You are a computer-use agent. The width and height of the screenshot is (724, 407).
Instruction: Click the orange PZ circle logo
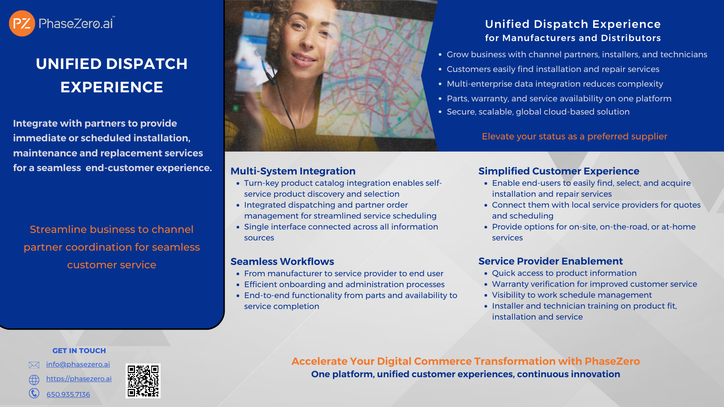point(22,23)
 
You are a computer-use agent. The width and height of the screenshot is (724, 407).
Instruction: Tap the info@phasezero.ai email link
point(78,364)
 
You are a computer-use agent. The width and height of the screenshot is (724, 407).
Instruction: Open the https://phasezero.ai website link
point(79,379)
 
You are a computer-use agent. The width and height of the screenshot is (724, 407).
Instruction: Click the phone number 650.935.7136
point(68,395)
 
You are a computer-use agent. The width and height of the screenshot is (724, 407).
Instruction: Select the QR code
point(143,381)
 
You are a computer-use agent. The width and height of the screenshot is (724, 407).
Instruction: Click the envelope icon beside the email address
point(34,365)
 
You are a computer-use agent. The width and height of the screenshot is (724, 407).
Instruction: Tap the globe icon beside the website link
point(34,379)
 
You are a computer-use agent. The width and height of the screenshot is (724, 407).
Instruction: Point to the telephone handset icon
point(34,393)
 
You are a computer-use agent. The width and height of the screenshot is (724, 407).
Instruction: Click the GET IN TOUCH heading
point(79,351)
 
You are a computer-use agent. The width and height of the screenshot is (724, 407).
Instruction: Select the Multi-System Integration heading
point(293,171)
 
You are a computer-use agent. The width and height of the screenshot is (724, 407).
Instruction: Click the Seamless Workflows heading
point(282,262)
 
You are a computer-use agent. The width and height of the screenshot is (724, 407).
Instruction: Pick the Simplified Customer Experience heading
point(559,171)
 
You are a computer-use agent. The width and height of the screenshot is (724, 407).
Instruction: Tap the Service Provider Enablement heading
point(551,261)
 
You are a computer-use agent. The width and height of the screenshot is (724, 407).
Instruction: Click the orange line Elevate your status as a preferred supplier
point(574,136)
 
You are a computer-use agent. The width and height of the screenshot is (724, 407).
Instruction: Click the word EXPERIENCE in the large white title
point(112,87)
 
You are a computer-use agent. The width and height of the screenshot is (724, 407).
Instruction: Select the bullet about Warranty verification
point(594,284)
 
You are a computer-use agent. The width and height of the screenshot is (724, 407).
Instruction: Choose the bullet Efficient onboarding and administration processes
point(344,285)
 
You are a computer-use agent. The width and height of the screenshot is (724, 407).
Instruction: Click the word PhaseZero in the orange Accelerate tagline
point(612,361)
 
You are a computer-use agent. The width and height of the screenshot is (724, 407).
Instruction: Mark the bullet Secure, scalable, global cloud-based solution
point(538,112)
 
